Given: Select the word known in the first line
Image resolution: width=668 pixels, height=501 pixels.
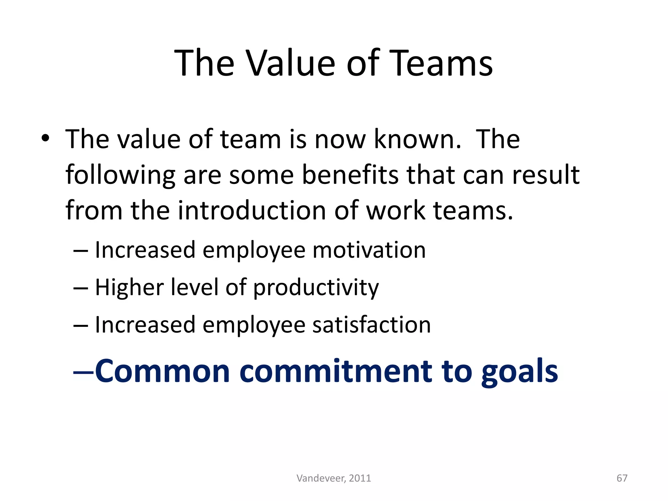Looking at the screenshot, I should tap(417, 139).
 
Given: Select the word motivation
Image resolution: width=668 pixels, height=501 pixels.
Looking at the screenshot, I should tap(369, 250).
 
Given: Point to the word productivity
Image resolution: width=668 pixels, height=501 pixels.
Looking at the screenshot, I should tap(316, 288).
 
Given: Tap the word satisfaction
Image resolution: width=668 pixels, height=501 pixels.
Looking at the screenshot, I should tap(372, 325).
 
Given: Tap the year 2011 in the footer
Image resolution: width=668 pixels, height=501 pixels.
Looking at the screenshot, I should tap(360, 478).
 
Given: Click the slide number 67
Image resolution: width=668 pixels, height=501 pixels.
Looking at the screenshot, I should tap(622, 478).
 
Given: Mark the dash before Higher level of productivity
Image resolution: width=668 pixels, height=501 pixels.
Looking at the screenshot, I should tap(81, 288).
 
